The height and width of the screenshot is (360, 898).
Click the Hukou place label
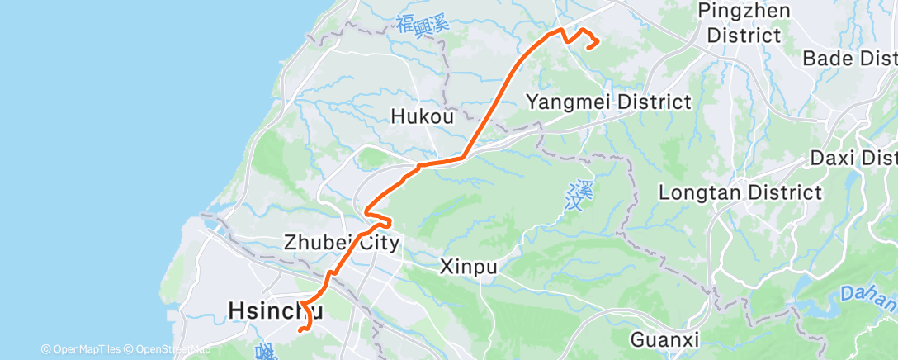coord(423,117)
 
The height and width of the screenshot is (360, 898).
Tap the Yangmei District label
coord(608,102)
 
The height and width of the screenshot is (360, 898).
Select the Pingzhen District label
coord(744,23)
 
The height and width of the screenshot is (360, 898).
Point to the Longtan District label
coord(740,192)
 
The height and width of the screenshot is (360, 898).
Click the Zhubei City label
coord(341,243)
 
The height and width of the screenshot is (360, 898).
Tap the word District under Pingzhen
coord(744,36)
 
